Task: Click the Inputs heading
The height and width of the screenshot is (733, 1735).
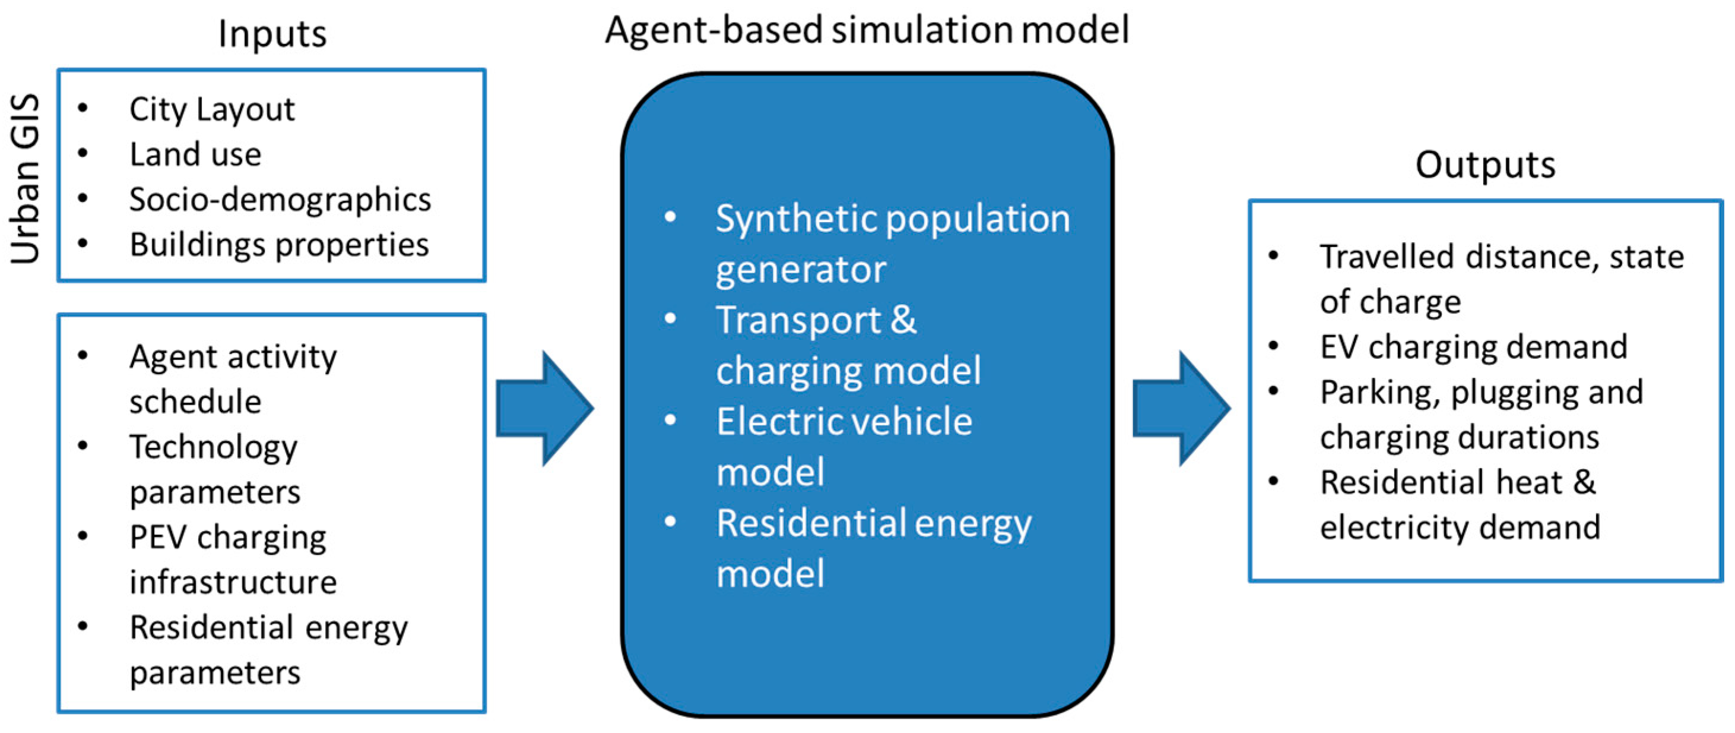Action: click(272, 34)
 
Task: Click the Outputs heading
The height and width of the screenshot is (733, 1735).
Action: click(1485, 165)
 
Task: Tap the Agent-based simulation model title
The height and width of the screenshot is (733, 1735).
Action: click(866, 30)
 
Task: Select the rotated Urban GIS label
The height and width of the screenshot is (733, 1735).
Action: click(26, 179)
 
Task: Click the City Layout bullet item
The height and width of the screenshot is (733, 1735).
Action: click(211, 110)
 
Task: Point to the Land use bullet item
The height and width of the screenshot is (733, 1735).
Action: click(195, 154)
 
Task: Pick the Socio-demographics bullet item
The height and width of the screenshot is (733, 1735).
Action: click(280, 200)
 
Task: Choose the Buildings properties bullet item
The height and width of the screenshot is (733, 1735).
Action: click(279, 245)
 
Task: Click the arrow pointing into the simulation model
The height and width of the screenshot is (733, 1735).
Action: click(544, 408)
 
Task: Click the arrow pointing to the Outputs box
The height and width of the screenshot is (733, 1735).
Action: click(1181, 408)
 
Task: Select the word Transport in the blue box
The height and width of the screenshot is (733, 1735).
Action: click(798, 320)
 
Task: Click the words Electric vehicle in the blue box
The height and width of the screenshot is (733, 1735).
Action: click(844, 422)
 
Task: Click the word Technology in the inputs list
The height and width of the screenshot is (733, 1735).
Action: click(213, 447)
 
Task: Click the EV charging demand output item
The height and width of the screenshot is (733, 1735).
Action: click(1473, 347)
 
